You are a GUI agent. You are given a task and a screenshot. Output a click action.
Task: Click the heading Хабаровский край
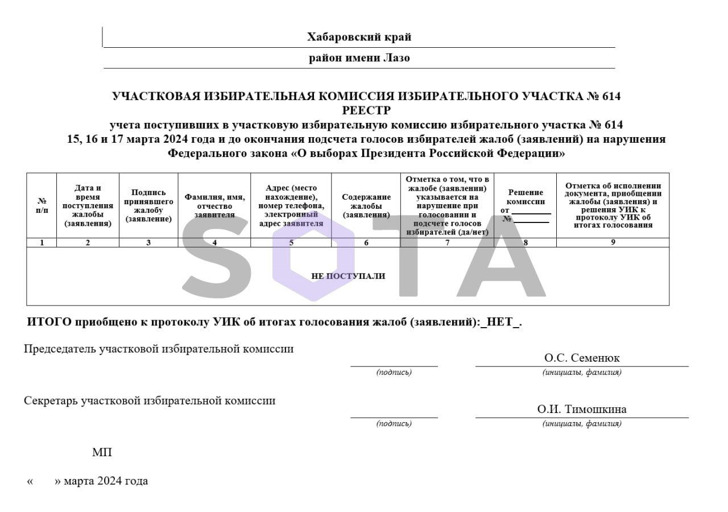pos(359,38)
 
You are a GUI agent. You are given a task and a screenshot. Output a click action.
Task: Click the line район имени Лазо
pos(359,58)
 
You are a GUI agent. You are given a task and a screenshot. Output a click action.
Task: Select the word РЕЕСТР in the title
pos(366,110)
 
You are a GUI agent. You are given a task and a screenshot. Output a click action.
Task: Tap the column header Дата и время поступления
pos(88,206)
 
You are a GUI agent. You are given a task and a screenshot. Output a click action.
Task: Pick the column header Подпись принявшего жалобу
pos(148,206)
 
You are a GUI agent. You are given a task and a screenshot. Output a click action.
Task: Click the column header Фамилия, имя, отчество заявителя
pos(214,206)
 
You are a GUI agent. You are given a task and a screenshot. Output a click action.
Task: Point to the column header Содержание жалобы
pos(366,206)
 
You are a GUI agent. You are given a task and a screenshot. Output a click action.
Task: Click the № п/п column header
pos(42,206)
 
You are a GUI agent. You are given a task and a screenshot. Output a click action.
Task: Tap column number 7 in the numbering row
pos(447,243)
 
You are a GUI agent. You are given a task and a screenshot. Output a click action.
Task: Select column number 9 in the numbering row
pos(613,242)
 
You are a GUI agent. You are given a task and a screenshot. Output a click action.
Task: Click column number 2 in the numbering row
pos(88,243)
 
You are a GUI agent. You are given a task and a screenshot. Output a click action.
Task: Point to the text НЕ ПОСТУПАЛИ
pos(348,276)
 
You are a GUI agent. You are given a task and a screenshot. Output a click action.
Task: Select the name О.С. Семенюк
pos(582,358)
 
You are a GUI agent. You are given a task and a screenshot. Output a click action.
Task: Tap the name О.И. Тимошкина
pos(582,410)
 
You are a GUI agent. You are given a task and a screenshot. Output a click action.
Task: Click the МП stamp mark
pos(102,453)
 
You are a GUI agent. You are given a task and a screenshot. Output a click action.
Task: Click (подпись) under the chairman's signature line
pos(394,373)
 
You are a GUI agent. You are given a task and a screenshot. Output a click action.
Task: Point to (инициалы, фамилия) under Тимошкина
pos(582,424)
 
